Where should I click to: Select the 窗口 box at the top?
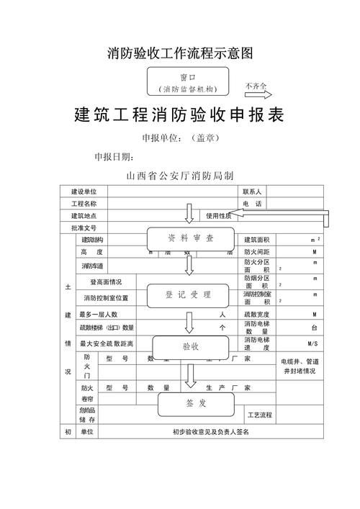188,81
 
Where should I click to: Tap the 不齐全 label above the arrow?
256,86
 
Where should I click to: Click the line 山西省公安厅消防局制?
179,175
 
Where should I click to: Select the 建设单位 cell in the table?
83,192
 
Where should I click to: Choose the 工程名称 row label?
83,204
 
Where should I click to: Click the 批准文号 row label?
83,228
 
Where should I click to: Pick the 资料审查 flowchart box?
191,238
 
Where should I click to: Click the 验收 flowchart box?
190,346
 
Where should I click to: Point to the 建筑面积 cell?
256,240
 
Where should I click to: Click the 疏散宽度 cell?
256,315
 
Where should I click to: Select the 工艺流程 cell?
260,415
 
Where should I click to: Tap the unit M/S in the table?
312,343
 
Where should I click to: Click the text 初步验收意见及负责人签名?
211,432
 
